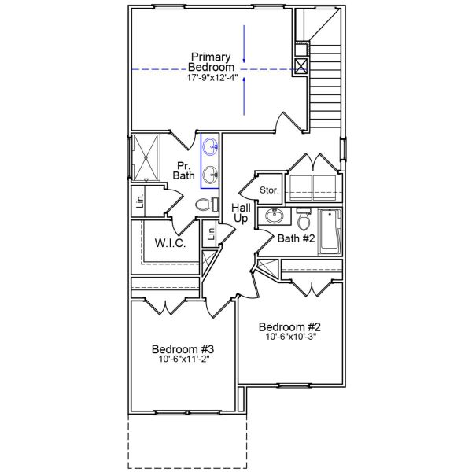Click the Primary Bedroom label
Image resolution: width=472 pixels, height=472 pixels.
coord(209,62)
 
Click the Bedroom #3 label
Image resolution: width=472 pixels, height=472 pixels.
coord(183,349)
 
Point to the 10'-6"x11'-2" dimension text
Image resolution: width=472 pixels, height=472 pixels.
coord(183,361)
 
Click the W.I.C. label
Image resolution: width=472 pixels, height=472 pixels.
coord(170,244)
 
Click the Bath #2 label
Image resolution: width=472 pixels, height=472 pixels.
coord(296,237)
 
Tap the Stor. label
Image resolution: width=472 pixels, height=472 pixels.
coord(269,190)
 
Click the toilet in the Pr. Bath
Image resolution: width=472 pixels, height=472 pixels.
coord(205,205)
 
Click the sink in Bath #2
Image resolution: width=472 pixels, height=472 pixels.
coord(275,216)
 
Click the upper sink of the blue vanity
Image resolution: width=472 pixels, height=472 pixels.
coord(211,146)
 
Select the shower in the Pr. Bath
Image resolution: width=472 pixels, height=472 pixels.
coord(146,157)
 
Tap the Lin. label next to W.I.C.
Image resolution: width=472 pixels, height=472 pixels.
coord(210,234)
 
